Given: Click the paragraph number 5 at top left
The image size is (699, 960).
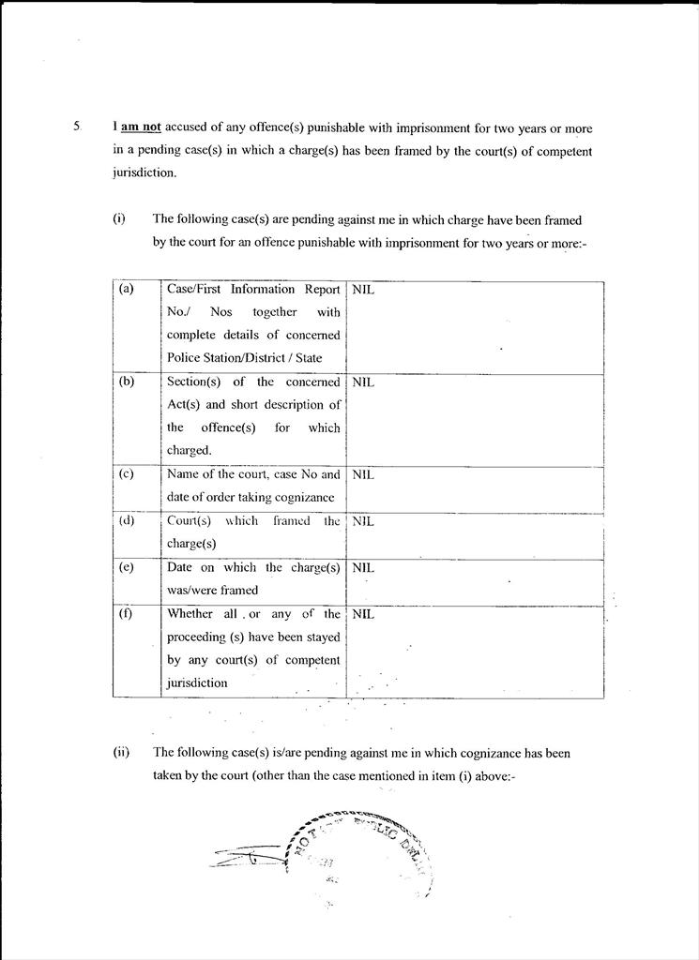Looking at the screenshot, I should click(x=76, y=127).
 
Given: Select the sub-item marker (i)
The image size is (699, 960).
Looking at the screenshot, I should click(x=119, y=219).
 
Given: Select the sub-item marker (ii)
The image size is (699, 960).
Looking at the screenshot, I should click(x=121, y=752).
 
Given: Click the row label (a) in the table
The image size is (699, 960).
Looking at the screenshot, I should click(x=127, y=290).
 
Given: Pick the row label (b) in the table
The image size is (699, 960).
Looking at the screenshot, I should click(x=127, y=382).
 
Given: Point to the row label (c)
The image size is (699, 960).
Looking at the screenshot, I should click(x=127, y=473).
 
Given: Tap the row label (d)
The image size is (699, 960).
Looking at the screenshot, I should click(x=127, y=520).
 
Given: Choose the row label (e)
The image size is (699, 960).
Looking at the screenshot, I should click(x=127, y=567).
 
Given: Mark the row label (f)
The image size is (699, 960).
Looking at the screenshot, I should click(x=127, y=614).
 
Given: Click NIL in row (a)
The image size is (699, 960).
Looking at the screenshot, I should click(x=363, y=290).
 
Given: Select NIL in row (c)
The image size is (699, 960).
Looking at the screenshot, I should click(x=363, y=474).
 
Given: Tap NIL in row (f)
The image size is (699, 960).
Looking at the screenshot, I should click(x=363, y=614).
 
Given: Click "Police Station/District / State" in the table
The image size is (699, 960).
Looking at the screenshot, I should click(x=244, y=358).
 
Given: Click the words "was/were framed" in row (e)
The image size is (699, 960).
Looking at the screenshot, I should click(x=212, y=590).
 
